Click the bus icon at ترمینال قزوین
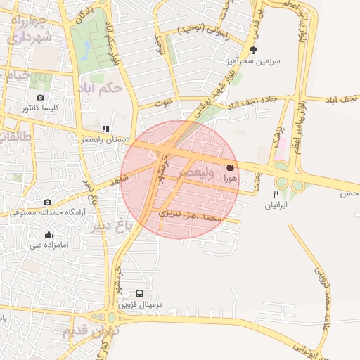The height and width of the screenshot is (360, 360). tap(139, 293)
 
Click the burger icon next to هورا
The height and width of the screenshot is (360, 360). tap(231, 167)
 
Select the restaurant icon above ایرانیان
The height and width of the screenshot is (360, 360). tap(276, 195)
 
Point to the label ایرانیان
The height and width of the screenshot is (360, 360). tap(276, 206)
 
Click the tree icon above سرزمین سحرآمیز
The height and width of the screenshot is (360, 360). tap(253, 50)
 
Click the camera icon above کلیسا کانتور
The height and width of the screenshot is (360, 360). tap(40, 97)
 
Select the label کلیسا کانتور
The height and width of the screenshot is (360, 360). tap(40, 108)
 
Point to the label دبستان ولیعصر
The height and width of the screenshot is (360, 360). tap(106, 140)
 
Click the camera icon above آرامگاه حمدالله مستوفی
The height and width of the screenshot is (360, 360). tap(47, 202)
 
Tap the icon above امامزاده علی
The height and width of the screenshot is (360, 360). tap(49, 235)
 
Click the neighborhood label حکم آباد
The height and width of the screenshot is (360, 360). tap(102, 89)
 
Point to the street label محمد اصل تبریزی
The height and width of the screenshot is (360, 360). tap(191, 216)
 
